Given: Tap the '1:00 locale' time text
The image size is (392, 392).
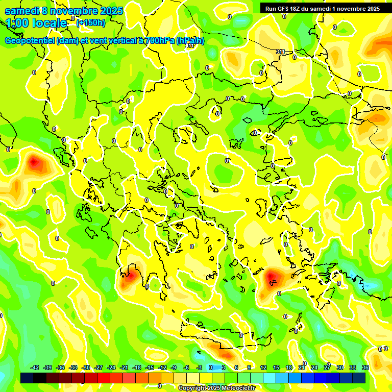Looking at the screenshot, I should (x=37, y=23).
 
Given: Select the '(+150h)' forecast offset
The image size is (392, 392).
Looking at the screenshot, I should (x=91, y=22).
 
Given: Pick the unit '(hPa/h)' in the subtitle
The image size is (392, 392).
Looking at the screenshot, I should (x=190, y=41).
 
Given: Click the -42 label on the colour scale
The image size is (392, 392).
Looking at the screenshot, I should (x=35, y=367).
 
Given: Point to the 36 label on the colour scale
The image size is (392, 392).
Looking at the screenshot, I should (x=365, y=367).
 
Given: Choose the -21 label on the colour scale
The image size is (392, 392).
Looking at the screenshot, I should (x=124, y=367).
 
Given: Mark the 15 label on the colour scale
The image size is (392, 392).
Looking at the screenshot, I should (x=276, y=367).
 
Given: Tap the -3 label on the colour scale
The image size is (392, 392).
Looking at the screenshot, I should (x=199, y=367).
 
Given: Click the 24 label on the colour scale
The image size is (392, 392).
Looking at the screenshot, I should (x=314, y=367).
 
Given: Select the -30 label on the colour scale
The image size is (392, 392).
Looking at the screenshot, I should (x=86, y=367).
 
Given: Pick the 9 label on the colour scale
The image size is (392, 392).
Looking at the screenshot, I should (x=249, y=367).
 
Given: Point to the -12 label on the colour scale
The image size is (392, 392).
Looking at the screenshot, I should (x=162, y=367).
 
